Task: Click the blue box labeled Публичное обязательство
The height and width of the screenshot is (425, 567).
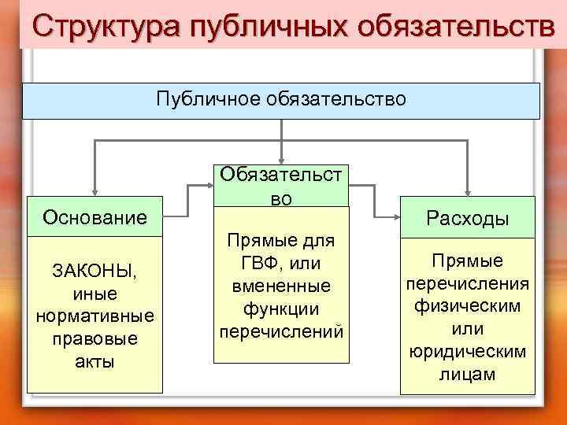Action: (281, 99)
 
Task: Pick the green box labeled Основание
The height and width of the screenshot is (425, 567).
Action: (94, 216)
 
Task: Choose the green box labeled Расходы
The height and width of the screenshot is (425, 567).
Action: (468, 219)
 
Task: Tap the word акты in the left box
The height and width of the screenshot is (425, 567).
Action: (94, 362)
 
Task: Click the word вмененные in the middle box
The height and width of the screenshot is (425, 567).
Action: (281, 284)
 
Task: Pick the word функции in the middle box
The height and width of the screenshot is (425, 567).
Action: (281, 307)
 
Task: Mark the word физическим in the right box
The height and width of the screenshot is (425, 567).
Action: (468, 305)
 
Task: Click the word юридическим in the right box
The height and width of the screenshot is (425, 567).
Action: (468, 351)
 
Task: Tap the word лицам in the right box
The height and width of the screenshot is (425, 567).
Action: (468, 374)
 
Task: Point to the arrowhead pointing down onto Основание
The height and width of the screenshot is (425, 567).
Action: (94, 190)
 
